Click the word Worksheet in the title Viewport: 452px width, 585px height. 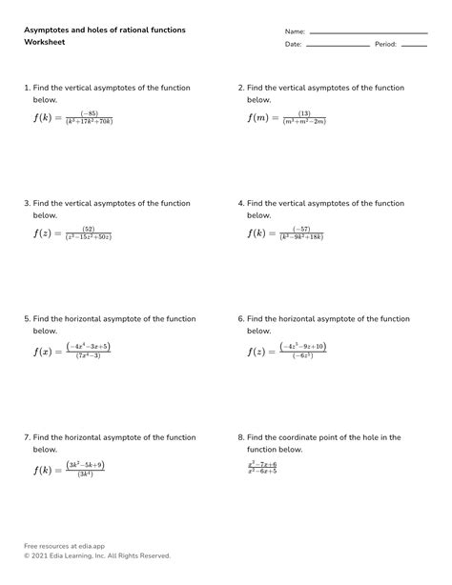(x=44, y=44)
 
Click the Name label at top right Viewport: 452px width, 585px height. (x=295, y=31)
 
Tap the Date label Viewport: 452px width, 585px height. (x=293, y=44)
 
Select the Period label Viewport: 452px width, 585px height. (x=385, y=44)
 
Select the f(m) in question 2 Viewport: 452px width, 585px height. (x=257, y=117)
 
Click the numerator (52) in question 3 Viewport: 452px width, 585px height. (x=89, y=229)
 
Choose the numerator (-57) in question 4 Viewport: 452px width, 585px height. (x=302, y=229)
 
